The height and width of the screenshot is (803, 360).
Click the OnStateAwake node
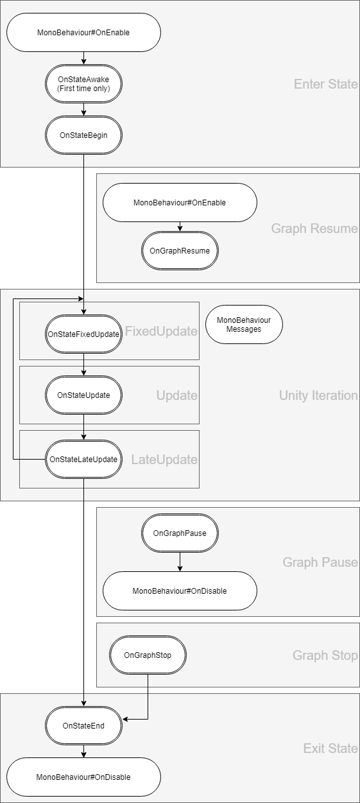click(x=83, y=84)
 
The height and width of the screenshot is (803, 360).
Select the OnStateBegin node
click(x=83, y=135)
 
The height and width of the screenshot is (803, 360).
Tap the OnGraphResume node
click(x=180, y=250)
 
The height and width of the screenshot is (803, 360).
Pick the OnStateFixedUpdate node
click(x=83, y=334)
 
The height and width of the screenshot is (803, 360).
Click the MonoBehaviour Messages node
click(x=244, y=324)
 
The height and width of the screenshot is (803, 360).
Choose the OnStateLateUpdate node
click(x=83, y=459)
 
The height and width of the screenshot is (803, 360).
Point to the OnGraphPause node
click(x=180, y=533)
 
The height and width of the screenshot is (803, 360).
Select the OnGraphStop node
click(x=148, y=655)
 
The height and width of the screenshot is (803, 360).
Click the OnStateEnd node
click(x=83, y=725)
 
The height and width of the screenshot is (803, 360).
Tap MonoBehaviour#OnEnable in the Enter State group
click(x=83, y=33)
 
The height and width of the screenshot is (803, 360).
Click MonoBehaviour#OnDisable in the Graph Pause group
click(x=180, y=591)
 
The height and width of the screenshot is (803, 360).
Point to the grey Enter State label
click(x=325, y=84)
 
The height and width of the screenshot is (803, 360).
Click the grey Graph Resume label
click(x=314, y=229)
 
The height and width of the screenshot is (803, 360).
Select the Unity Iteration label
click(x=318, y=395)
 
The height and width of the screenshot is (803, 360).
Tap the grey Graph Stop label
click(x=325, y=655)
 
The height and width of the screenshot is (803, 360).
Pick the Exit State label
click(x=330, y=748)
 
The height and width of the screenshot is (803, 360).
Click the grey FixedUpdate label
click(x=161, y=331)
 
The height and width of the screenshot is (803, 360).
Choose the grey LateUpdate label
click(x=164, y=460)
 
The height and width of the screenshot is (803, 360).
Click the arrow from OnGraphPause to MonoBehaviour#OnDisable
click(x=180, y=562)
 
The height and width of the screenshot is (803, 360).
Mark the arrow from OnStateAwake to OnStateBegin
click(x=83, y=109)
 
